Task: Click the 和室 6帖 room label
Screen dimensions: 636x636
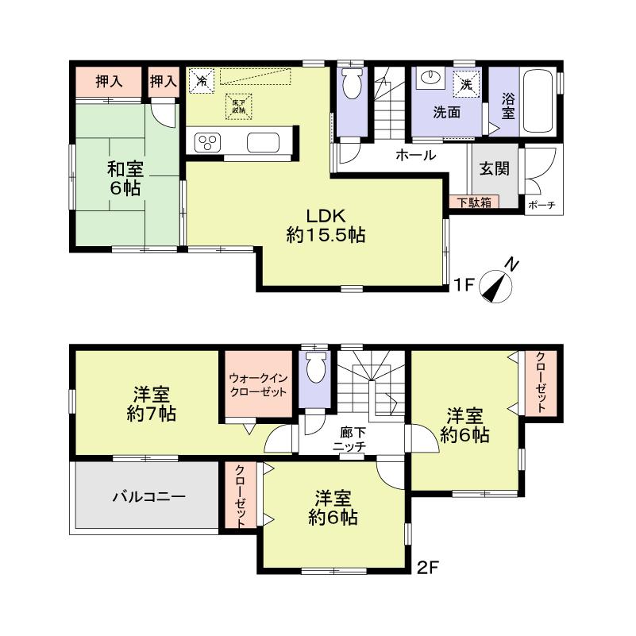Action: pyautogui.click(x=125, y=178)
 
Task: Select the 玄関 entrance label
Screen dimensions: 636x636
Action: pyautogui.click(x=494, y=168)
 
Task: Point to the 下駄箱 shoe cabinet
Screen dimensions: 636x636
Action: pyautogui.click(x=474, y=202)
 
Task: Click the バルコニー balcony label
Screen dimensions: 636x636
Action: pyautogui.click(x=148, y=498)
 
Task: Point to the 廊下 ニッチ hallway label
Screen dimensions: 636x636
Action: pyautogui.click(x=349, y=440)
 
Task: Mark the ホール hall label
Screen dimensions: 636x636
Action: pyautogui.click(x=415, y=156)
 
